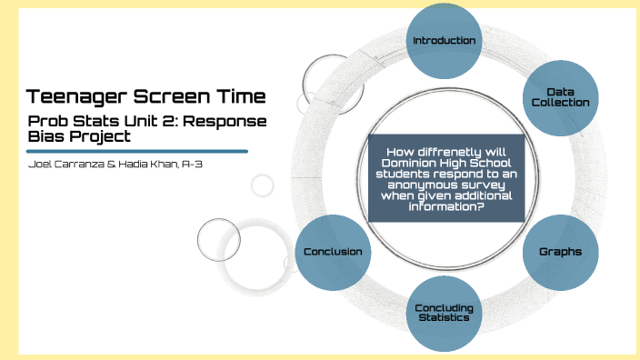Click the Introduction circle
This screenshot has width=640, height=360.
click(x=444, y=41)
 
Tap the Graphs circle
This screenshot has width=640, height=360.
click(x=561, y=251)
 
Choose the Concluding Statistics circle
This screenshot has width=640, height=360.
click(x=444, y=313)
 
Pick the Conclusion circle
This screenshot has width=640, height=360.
click(x=333, y=252)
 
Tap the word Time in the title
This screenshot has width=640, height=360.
click(x=238, y=95)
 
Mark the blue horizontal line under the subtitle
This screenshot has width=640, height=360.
click(x=137, y=151)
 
